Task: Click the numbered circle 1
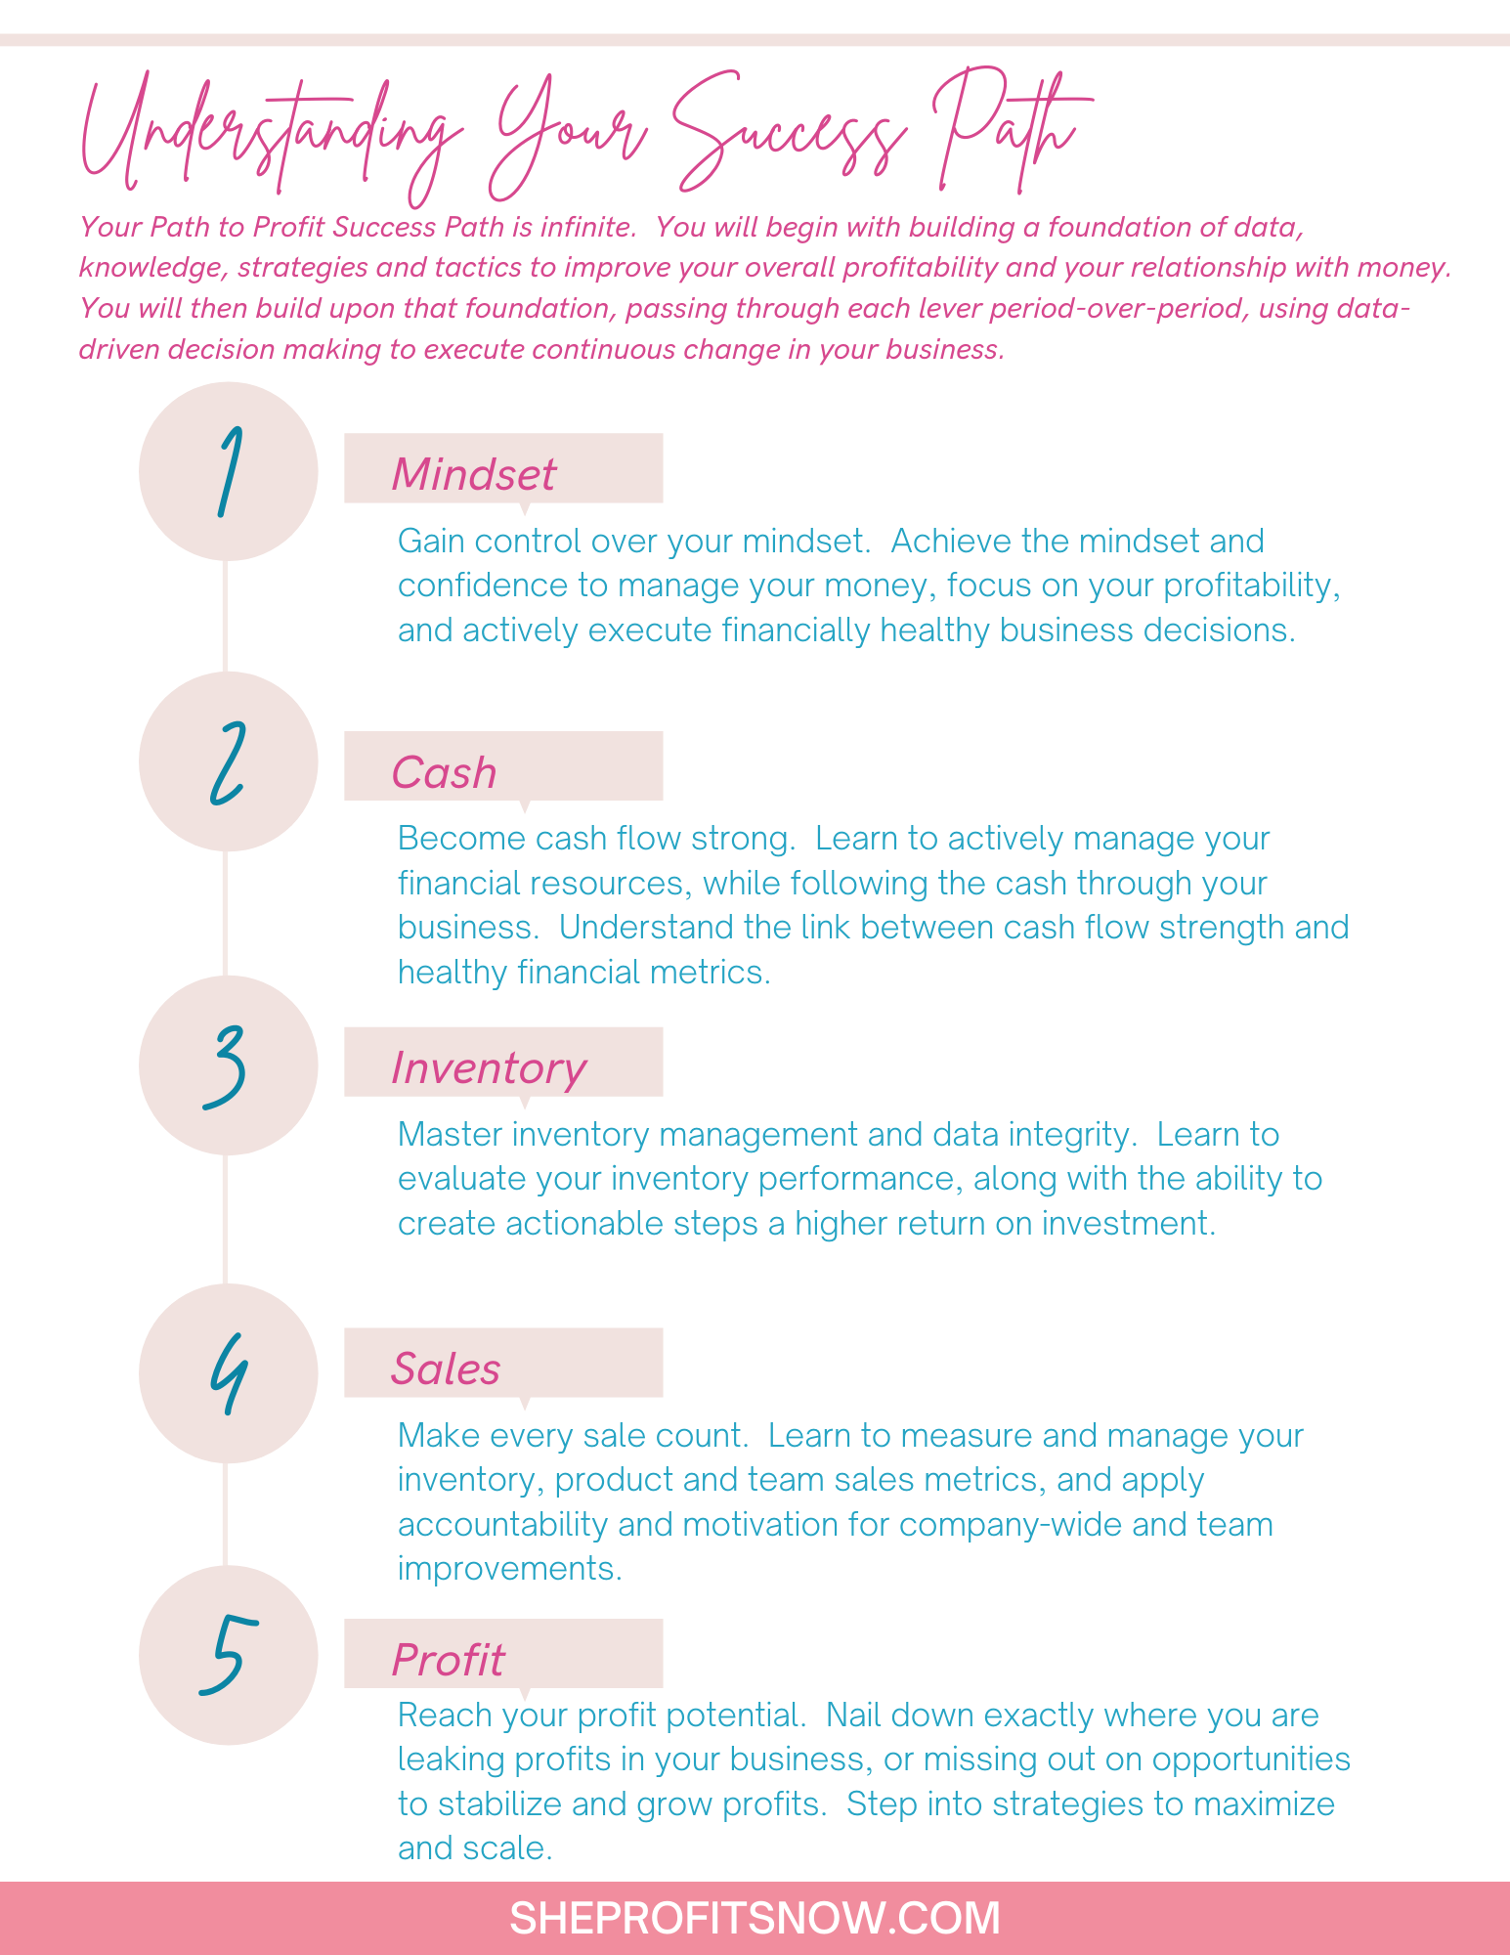coord(228,471)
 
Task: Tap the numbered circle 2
coord(228,761)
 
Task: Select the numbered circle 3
coord(228,1065)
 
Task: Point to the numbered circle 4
coord(228,1373)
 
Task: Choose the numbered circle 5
coord(228,1655)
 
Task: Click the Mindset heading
coord(473,475)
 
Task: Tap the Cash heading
coord(444,773)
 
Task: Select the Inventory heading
coord(489,1069)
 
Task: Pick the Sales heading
coord(446,1368)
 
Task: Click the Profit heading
coord(448,1660)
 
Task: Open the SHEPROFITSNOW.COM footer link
coord(755,1918)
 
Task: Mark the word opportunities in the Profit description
coord(1251,1760)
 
